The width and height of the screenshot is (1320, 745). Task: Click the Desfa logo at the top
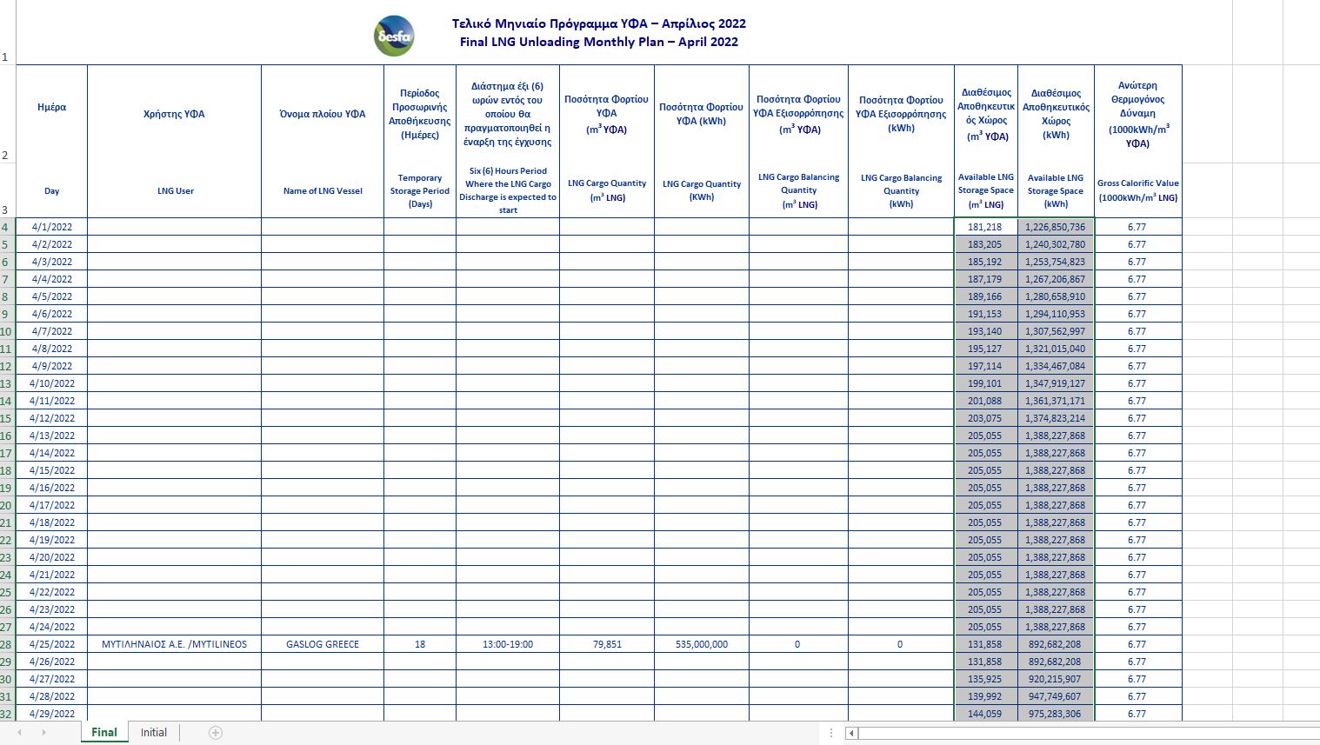394,37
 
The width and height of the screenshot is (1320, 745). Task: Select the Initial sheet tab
154,733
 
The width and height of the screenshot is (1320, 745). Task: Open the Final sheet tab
104,733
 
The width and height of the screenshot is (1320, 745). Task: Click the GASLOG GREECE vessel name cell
323,644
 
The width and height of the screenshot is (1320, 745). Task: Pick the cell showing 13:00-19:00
508,644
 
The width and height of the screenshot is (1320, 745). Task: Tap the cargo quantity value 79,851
607,644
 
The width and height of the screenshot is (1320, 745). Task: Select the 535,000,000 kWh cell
702,644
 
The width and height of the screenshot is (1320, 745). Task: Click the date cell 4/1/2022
52,227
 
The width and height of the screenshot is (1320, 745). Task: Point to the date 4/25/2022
52,644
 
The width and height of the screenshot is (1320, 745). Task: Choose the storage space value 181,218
985,227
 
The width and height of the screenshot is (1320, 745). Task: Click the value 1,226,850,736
1056,227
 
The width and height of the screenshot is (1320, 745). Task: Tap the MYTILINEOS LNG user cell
174,644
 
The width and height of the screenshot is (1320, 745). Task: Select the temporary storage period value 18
420,644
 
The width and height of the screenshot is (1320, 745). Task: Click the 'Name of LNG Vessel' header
323,191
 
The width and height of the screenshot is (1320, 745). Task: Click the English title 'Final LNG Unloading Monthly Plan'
598,42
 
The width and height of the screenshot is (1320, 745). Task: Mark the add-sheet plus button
216,733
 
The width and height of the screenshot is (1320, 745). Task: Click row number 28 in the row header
7,644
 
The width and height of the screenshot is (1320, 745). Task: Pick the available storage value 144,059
985,714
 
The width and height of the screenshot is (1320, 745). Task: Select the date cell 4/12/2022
52,418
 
